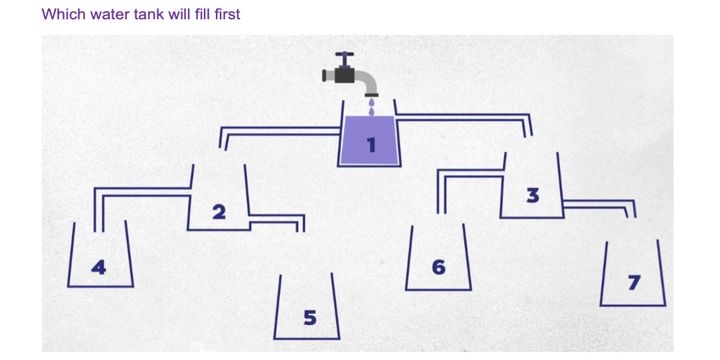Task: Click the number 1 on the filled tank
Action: click(x=371, y=145)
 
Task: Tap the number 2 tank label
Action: click(x=219, y=212)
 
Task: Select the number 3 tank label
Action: click(x=532, y=195)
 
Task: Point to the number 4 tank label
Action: click(x=98, y=267)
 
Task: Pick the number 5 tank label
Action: click(x=310, y=317)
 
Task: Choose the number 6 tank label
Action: click(x=438, y=267)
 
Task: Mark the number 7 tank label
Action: click(x=634, y=283)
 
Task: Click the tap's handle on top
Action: click(x=344, y=58)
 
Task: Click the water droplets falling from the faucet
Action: click(x=371, y=106)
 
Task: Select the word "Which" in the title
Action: click(x=64, y=14)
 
